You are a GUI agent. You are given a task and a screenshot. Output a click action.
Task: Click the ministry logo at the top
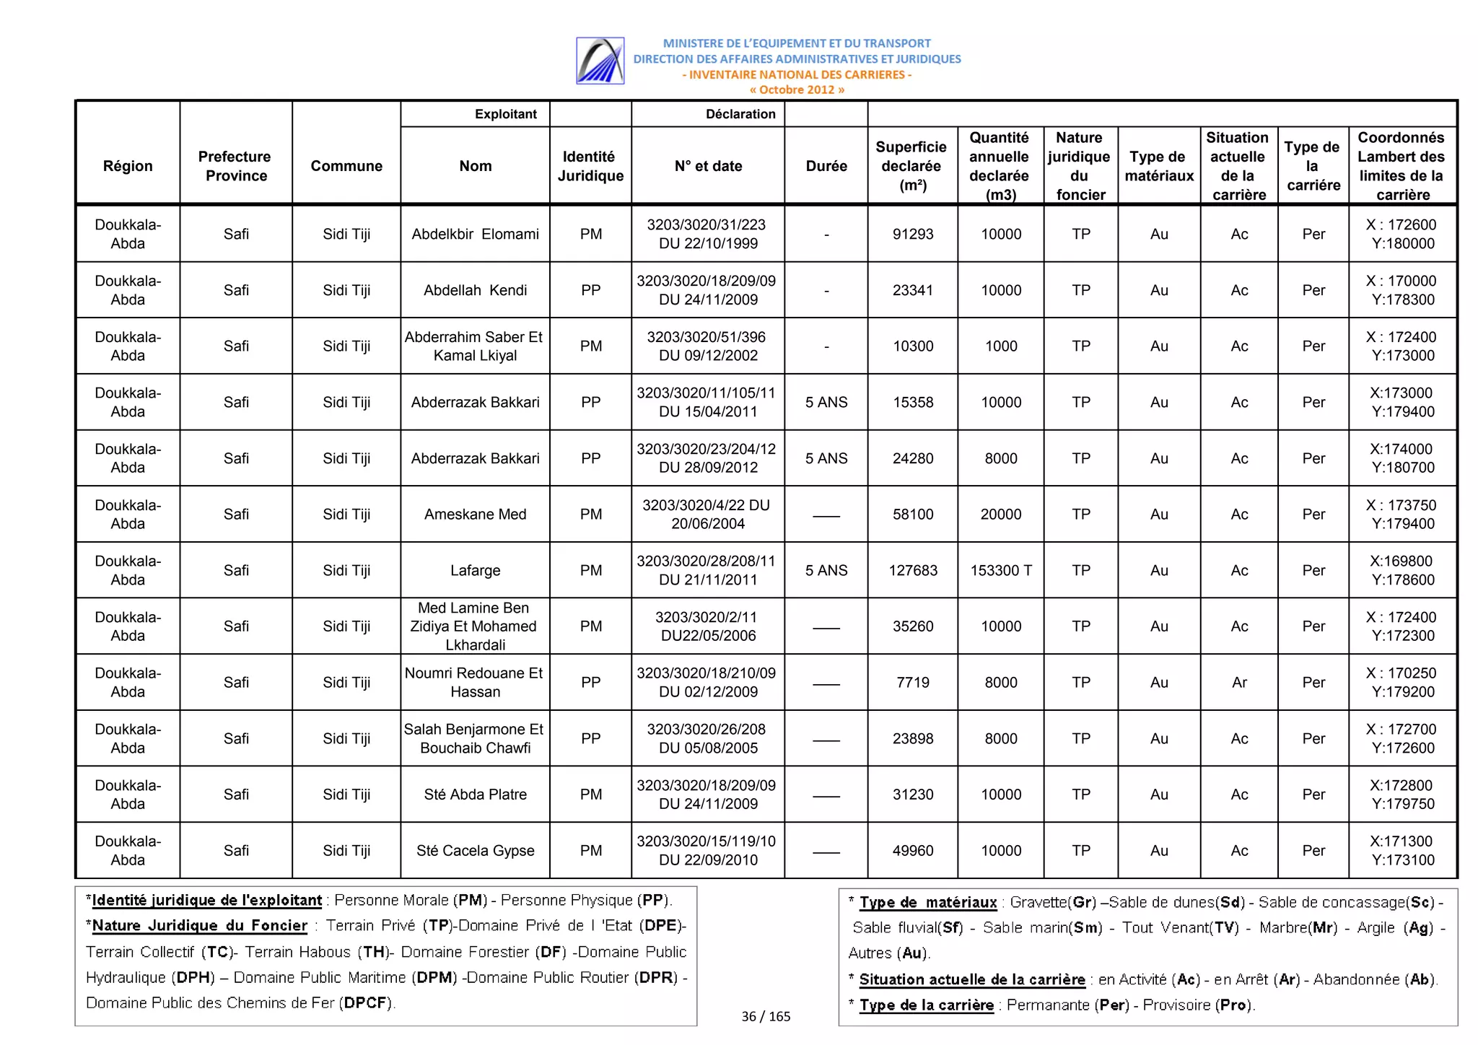tap(600, 61)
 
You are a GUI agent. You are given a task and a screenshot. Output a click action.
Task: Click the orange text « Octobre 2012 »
tap(796, 89)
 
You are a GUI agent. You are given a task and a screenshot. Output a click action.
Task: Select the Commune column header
tap(346, 166)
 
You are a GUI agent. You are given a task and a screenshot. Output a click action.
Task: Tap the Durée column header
tap(826, 166)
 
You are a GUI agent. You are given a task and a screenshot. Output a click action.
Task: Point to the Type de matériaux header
tap(1158, 166)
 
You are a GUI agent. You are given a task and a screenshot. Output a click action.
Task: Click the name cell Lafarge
tap(475, 570)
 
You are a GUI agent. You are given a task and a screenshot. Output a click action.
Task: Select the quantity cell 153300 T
tap(1000, 570)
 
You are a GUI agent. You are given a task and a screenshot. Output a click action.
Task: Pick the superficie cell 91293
tap(912, 234)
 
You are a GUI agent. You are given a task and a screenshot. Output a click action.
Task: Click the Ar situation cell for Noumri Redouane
tap(1238, 682)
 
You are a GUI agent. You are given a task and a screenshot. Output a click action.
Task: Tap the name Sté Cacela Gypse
tap(475, 850)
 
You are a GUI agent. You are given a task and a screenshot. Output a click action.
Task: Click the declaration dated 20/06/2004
tap(707, 515)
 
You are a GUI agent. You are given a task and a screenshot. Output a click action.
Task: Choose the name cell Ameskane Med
tap(475, 515)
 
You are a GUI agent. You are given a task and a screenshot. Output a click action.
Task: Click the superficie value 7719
tap(912, 682)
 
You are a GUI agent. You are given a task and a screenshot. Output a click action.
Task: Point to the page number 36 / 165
tap(765, 1016)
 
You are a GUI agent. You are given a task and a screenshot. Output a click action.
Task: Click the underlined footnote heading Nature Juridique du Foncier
tap(200, 926)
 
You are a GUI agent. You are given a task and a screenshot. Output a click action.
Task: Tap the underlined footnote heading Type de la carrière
tap(926, 1005)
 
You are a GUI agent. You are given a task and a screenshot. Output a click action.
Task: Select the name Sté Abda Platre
tap(475, 795)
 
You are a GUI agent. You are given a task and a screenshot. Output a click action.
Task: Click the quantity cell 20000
tap(1000, 515)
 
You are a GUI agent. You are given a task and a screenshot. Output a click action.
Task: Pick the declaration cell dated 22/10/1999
tap(707, 234)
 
